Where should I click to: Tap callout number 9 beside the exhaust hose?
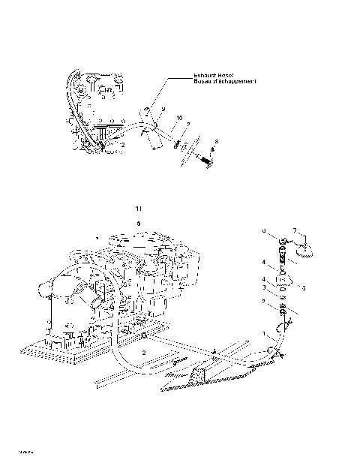click(x=161, y=109)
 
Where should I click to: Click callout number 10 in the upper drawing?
click(x=179, y=118)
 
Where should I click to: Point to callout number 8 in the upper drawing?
click(x=217, y=141)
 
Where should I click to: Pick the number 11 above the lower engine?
click(x=136, y=207)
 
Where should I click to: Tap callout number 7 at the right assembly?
click(x=295, y=230)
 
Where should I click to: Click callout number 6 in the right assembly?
click(x=263, y=231)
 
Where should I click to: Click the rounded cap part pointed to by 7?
click(x=304, y=251)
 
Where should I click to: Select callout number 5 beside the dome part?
click(x=304, y=287)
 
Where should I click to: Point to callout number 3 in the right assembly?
click(x=263, y=287)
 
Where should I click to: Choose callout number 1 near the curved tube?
click(x=263, y=332)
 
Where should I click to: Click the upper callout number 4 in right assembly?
click(x=263, y=262)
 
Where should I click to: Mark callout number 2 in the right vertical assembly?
click(x=263, y=302)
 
